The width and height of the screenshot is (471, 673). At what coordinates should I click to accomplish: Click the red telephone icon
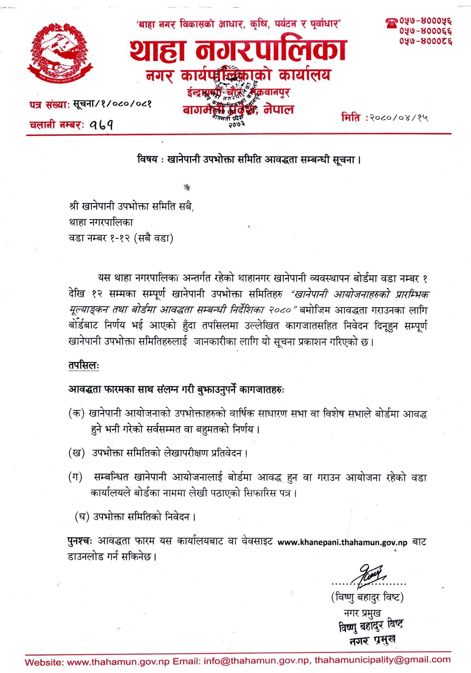click(392, 23)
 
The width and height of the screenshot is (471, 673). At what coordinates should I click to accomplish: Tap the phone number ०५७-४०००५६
click(426, 21)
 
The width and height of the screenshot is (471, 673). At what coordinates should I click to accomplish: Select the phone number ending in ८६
click(426, 41)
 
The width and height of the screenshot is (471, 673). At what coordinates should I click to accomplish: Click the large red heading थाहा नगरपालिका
click(238, 51)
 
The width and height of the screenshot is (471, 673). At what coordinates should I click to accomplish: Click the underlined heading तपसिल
click(83, 366)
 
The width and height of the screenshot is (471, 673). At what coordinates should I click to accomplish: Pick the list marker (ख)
click(76, 453)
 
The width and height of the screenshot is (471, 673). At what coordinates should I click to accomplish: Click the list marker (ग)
click(76, 476)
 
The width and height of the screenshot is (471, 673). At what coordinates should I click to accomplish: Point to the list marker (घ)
click(82, 517)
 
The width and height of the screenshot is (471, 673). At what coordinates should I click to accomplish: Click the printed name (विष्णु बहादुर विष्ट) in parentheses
click(367, 596)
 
